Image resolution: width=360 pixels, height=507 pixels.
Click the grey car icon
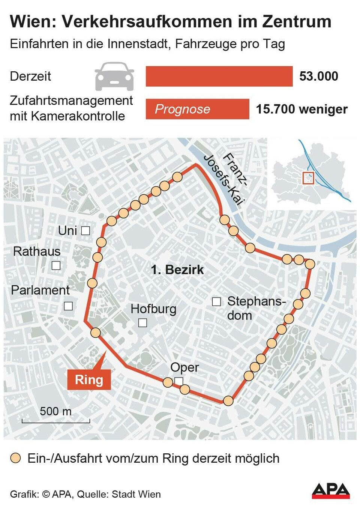(x=114, y=76)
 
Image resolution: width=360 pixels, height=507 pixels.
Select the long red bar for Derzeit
(x=219, y=76)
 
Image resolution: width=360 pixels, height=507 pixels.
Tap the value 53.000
(x=319, y=76)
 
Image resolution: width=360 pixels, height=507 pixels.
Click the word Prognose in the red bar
(x=183, y=109)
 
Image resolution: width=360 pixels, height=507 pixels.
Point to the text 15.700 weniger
(x=302, y=109)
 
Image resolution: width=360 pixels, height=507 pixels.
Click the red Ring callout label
(x=89, y=379)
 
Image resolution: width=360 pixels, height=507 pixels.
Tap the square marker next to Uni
(x=85, y=231)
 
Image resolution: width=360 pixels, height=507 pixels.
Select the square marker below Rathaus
(x=56, y=265)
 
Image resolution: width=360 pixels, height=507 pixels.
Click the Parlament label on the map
(x=40, y=290)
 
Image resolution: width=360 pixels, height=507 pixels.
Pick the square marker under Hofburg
(x=142, y=322)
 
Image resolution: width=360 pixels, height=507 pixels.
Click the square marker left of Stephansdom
(x=216, y=301)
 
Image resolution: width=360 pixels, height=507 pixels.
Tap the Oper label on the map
(x=184, y=367)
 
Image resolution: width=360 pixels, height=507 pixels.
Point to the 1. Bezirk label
(x=177, y=269)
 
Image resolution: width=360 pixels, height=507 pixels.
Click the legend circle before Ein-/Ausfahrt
(x=15, y=458)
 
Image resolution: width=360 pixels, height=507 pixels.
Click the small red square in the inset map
(x=308, y=178)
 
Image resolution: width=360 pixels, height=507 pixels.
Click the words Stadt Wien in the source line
(x=136, y=494)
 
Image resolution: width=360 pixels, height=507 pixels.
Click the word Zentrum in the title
(x=296, y=22)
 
